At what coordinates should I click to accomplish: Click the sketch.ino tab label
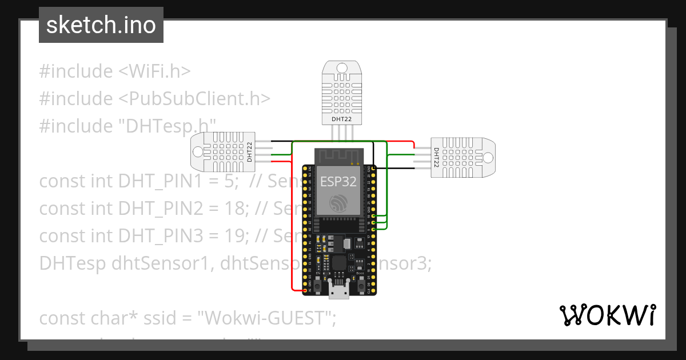pos(101,25)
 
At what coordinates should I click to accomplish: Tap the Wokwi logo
pos(607,315)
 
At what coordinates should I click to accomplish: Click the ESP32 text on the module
pos(338,181)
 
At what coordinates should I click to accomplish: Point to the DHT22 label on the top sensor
pos(342,119)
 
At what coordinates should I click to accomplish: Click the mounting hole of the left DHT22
pos(198,151)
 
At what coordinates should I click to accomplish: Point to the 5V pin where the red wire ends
pos(304,290)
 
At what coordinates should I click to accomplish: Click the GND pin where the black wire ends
pos(373,169)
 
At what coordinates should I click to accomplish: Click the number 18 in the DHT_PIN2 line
pos(236,209)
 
